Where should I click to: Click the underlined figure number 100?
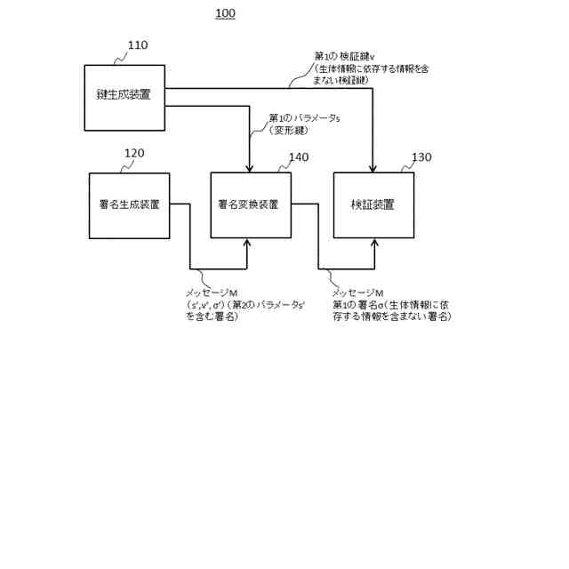226,13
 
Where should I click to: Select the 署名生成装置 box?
129,205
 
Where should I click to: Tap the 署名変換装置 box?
250,205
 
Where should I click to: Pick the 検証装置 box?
373,205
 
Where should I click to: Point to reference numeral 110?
138,45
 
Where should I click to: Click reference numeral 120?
133,154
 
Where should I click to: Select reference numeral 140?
298,157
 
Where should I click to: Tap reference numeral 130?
421,157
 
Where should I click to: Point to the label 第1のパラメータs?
302,118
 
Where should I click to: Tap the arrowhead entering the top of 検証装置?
373,168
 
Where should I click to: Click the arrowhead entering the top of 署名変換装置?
251,168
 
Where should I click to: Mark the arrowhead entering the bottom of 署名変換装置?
251,243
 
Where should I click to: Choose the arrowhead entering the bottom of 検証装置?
373,243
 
